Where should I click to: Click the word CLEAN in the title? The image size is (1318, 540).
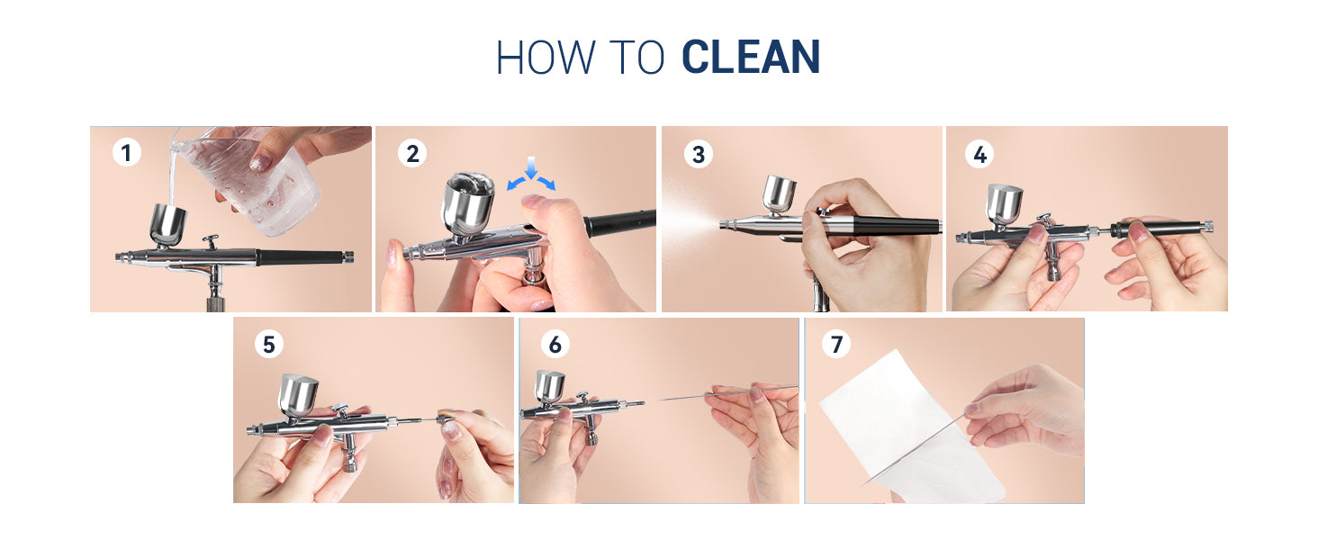click(x=751, y=57)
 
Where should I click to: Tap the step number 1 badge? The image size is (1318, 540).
click(x=127, y=153)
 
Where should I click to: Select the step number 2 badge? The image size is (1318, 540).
click(x=412, y=154)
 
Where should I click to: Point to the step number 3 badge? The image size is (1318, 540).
click(x=699, y=155)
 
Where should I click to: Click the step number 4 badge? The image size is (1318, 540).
click(x=979, y=155)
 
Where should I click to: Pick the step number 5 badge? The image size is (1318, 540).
click(x=269, y=345)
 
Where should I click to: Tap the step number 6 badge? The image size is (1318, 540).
click(x=555, y=345)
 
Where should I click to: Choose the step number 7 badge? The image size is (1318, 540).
click(x=836, y=344)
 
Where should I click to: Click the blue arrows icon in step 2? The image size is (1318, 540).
click(x=531, y=175)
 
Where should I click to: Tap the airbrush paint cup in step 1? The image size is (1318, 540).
click(x=168, y=225)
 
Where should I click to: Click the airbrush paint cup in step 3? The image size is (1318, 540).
click(x=779, y=195)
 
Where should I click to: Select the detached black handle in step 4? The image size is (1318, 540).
click(x=1160, y=229)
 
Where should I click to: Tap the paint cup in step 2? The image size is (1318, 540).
click(x=468, y=206)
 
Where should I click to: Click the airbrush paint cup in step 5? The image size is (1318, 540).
click(x=298, y=395)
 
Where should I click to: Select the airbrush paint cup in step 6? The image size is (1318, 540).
click(x=549, y=387)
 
